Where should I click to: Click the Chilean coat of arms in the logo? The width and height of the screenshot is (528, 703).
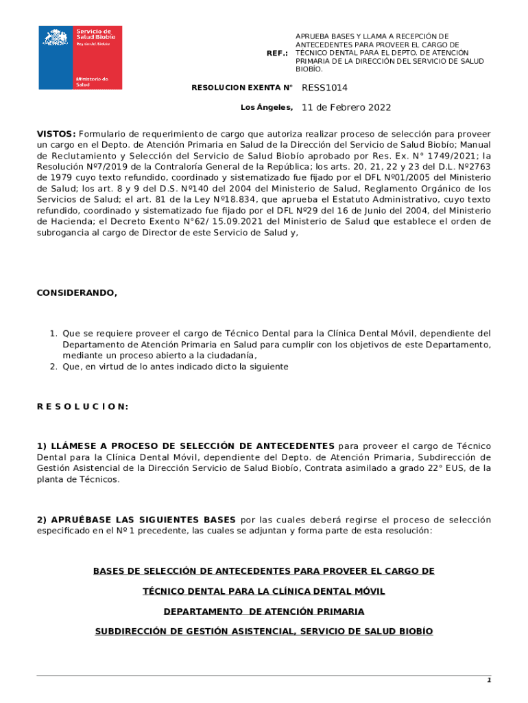56,37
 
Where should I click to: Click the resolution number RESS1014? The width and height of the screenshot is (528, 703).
324,88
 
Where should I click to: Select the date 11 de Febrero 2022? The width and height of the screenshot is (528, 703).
346,108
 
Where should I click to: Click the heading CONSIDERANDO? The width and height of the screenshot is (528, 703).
77,293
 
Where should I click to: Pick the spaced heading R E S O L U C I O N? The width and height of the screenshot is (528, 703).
82,406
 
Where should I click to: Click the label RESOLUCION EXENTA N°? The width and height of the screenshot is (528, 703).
242,88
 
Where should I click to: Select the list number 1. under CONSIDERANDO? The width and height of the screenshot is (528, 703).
53,334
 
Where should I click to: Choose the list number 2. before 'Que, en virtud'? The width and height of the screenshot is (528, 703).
53,367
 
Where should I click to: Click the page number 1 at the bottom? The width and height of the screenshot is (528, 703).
489,680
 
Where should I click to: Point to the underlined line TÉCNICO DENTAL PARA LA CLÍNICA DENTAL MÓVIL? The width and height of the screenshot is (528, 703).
264,591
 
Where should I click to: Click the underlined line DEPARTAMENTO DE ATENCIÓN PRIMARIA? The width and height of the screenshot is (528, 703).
264,611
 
